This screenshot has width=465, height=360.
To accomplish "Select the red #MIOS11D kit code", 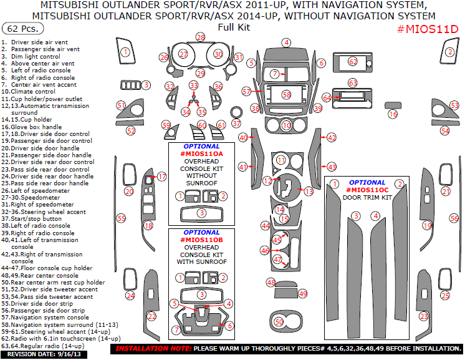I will [x=428, y=30].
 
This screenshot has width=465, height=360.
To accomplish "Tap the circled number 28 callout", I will [x=200, y=37].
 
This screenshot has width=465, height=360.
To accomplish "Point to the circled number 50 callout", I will [x=279, y=322].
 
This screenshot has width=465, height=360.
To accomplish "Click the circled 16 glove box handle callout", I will [x=393, y=114].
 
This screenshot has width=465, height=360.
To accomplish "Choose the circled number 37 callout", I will [x=236, y=124].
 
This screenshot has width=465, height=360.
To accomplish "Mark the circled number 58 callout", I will [x=286, y=95].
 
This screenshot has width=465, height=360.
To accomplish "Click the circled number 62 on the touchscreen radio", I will [x=353, y=62].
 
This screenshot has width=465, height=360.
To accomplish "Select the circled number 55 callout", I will [x=121, y=218].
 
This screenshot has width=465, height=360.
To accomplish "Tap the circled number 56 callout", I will [x=454, y=218].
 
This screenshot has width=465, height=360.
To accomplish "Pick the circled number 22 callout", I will [x=151, y=316].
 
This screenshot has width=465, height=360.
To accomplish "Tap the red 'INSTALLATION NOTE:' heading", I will [x=153, y=348].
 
